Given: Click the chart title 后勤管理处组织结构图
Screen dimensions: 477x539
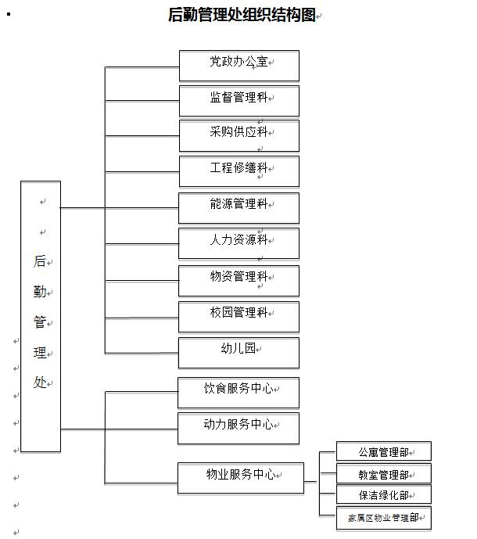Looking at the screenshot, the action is [x=242, y=15].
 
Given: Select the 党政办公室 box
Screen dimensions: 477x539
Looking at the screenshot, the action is [x=239, y=66].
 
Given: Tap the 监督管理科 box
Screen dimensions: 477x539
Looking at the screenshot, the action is [x=239, y=101].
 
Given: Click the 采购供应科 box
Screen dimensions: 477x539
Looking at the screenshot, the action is [x=239, y=136].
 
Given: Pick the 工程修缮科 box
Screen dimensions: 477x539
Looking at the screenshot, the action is [x=239, y=171].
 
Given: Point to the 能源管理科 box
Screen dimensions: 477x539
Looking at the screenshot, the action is [x=238, y=208].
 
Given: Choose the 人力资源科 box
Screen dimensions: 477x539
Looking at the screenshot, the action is [x=238, y=243].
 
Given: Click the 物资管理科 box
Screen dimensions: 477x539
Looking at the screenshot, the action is [x=238, y=281].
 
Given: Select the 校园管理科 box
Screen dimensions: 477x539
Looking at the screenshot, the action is [x=238, y=317].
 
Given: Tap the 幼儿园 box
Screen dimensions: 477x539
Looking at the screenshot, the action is [x=238, y=353].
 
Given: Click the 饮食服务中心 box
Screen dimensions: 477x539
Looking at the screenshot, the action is [x=238, y=393].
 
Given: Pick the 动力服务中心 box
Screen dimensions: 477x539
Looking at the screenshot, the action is [x=238, y=429].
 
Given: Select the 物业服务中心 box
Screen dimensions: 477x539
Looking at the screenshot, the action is [x=241, y=478].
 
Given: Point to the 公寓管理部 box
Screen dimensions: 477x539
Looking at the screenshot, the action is [x=384, y=451].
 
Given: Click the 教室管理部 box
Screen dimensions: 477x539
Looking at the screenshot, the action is [x=384, y=473].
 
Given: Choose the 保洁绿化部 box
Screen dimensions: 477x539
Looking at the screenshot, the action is [x=384, y=494].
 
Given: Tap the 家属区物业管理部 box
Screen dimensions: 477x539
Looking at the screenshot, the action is [x=384, y=518].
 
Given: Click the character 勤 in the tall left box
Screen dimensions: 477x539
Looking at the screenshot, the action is [x=40, y=292].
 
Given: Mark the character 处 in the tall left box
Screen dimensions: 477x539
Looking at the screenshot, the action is [x=40, y=383].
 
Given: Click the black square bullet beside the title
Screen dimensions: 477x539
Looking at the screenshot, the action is [x=9, y=14].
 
